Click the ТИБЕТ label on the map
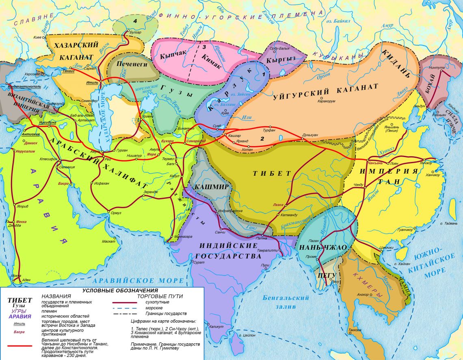pos(272,173)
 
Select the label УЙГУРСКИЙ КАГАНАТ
pos(326,90)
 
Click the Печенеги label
pos(131,64)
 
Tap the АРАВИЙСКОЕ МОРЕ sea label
pos(138,280)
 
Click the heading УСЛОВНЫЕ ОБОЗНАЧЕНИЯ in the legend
pos(120,291)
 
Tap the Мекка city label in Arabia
pos(20,222)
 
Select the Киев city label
pos(37,37)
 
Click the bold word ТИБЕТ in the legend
pos(20,300)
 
